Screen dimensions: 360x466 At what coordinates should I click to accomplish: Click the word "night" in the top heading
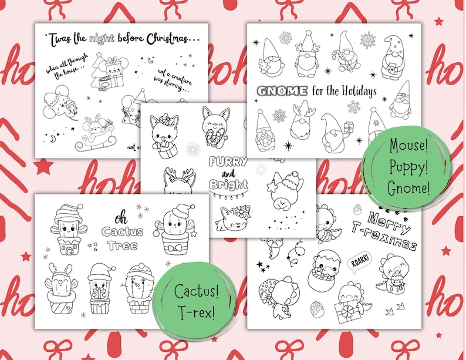pyautogui.click(x=100, y=38)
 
